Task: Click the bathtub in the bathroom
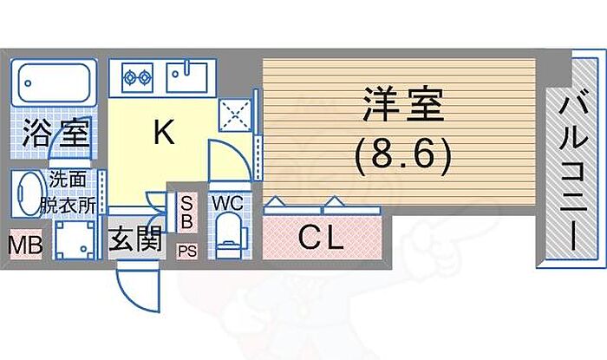(x=54, y=85)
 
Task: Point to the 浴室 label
(x=54, y=134)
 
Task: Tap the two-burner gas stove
(x=137, y=76)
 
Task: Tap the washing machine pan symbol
(x=75, y=239)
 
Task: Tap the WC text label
(x=226, y=203)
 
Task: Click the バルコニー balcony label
(x=571, y=171)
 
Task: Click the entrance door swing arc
(x=139, y=286)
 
